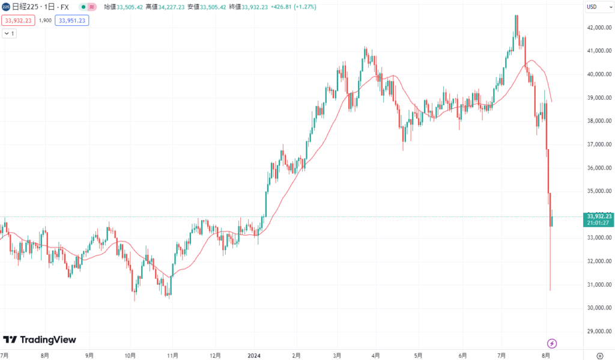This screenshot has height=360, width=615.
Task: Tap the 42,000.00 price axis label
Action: tap(599, 28)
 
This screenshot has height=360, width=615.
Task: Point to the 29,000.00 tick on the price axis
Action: tap(599, 331)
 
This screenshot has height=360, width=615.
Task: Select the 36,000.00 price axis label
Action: tap(599, 168)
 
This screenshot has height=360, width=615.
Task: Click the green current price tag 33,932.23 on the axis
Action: tap(599, 216)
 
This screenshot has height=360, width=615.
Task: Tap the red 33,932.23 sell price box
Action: tap(18, 20)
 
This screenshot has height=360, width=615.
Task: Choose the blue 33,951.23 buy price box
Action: tap(71, 20)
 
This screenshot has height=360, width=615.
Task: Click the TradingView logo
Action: tap(40, 340)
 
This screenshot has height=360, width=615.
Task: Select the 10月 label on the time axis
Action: tap(130, 355)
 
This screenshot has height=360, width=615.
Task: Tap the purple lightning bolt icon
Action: tap(552, 343)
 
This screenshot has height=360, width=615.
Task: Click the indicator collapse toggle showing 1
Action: tap(10, 34)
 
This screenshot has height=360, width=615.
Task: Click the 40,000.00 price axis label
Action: tap(599, 75)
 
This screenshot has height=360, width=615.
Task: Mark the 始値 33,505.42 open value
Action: tap(124, 7)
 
